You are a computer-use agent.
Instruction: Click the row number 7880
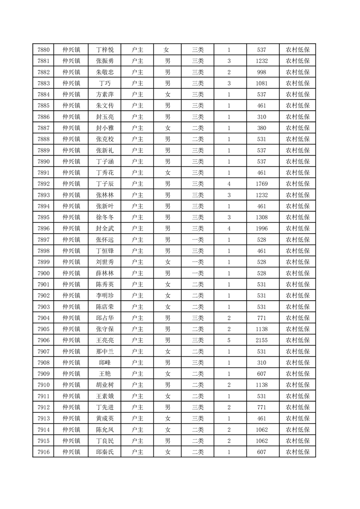click(x=44, y=50)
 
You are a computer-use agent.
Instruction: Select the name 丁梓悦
click(x=104, y=50)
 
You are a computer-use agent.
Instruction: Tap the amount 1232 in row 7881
click(x=261, y=61)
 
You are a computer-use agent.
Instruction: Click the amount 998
click(x=261, y=72)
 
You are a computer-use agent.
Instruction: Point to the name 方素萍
click(x=104, y=94)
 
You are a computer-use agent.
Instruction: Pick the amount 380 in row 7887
click(x=261, y=128)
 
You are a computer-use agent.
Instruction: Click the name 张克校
click(x=104, y=139)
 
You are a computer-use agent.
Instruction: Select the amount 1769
click(x=261, y=184)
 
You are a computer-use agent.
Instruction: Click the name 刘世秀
click(x=104, y=262)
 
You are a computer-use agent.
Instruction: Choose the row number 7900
click(x=44, y=273)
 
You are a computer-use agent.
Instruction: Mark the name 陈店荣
click(x=104, y=307)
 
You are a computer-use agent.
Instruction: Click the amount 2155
click(x=261, y=340)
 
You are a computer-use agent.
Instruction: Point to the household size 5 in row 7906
click(x=229, y=340)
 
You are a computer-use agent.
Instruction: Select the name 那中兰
click(x=104, y=352)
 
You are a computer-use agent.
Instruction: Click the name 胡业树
click(x=104, y=385)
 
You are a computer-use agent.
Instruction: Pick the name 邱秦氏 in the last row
click(x=104, y=452)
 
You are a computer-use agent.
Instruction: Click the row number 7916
click(x=44, y=452)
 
